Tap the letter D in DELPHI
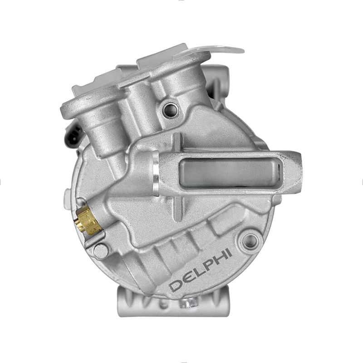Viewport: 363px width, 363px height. pos(176,285)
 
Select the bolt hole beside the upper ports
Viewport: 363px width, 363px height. pos(171,109)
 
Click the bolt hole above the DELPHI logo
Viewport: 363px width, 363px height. pos(251,241)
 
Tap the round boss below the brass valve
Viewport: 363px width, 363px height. pos(101,250)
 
